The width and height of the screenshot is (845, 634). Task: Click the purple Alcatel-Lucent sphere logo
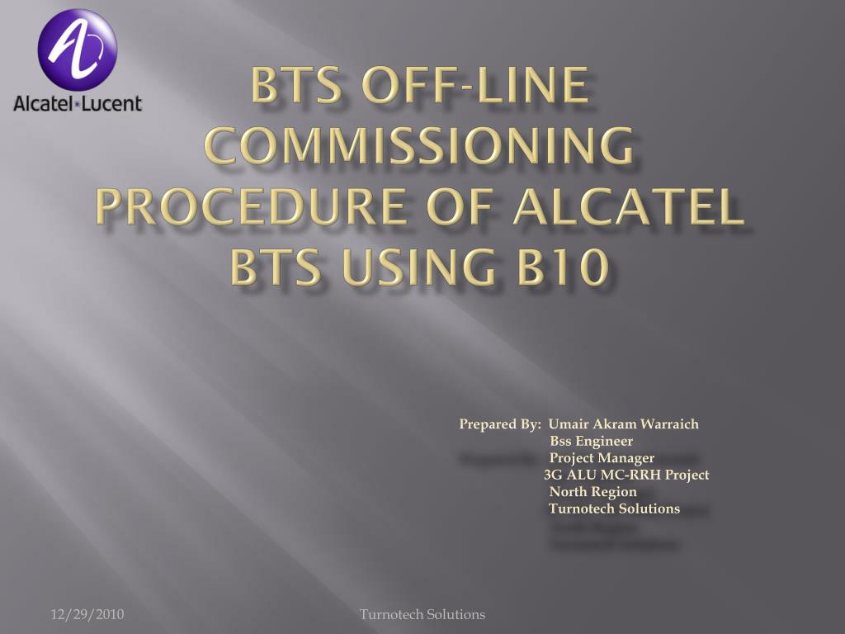click(77, 49)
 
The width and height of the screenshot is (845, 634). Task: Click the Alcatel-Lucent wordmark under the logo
click(77, 103)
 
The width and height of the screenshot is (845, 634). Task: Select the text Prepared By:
click(499, 424)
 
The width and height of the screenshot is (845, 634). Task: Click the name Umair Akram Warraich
click(624, 423)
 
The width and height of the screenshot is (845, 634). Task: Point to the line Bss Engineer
click(591, 441)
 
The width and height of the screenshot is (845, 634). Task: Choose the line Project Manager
click(602, 457)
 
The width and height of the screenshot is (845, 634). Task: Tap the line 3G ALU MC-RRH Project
click(626, 475)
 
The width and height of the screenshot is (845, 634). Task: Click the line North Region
click(592, 492)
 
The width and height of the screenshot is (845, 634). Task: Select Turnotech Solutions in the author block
click(614, 509)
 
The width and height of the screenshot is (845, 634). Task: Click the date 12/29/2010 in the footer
click(87, 614)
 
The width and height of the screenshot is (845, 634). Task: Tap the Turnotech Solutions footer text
click(422, 614)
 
